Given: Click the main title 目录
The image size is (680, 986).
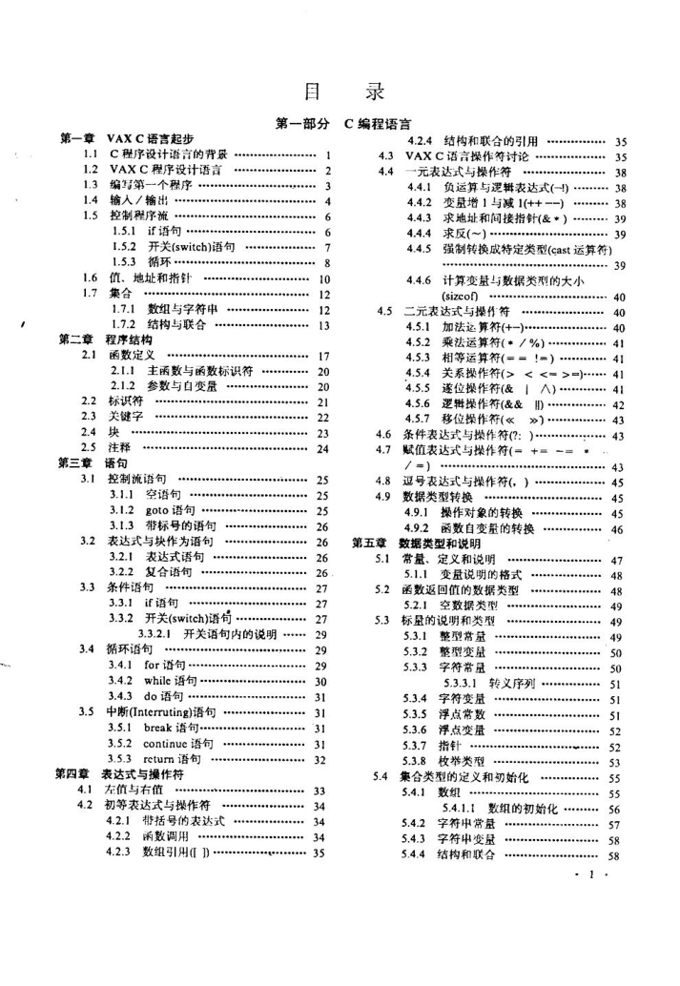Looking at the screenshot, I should pyautogui.click(x=341, y=92).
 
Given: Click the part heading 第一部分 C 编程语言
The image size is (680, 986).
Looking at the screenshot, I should pyautogui.click(x=342, y=123).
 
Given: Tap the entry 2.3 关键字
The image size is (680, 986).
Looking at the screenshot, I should pyautogui.click(x=123, y=417).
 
